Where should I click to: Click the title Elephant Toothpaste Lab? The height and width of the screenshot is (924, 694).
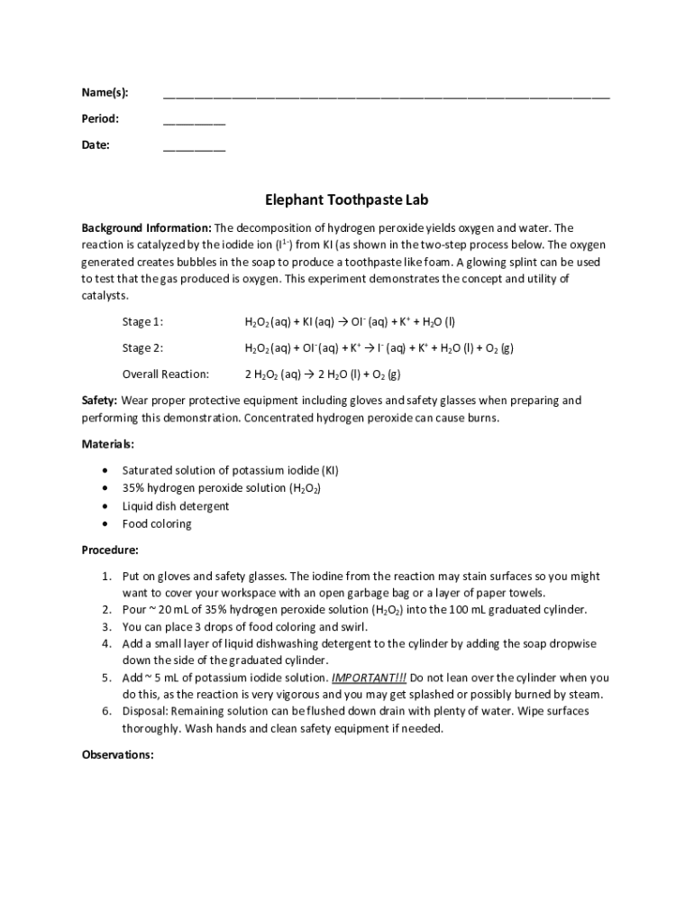[346, 200]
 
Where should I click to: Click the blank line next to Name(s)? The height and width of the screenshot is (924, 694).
[386, 95]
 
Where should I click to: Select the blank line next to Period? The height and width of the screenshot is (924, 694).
[194, 121]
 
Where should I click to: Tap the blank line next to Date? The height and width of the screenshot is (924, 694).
[194, 147]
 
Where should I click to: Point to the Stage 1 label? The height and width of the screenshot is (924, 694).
[142, 322]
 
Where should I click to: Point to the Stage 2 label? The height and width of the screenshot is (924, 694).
[142, 348]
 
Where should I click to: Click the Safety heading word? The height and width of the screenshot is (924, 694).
[99, 401]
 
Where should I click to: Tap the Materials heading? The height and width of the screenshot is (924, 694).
[108, 444]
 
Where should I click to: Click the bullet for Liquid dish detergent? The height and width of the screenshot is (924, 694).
[108, 506]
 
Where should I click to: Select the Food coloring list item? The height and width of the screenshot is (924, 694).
[157, 524]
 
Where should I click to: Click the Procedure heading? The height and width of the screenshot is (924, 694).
[110, 550]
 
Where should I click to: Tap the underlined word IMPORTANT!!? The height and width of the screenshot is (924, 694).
[369, 678]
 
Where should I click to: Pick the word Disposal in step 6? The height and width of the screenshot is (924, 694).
[144, 711]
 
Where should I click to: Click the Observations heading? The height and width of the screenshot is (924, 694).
[118, 754]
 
